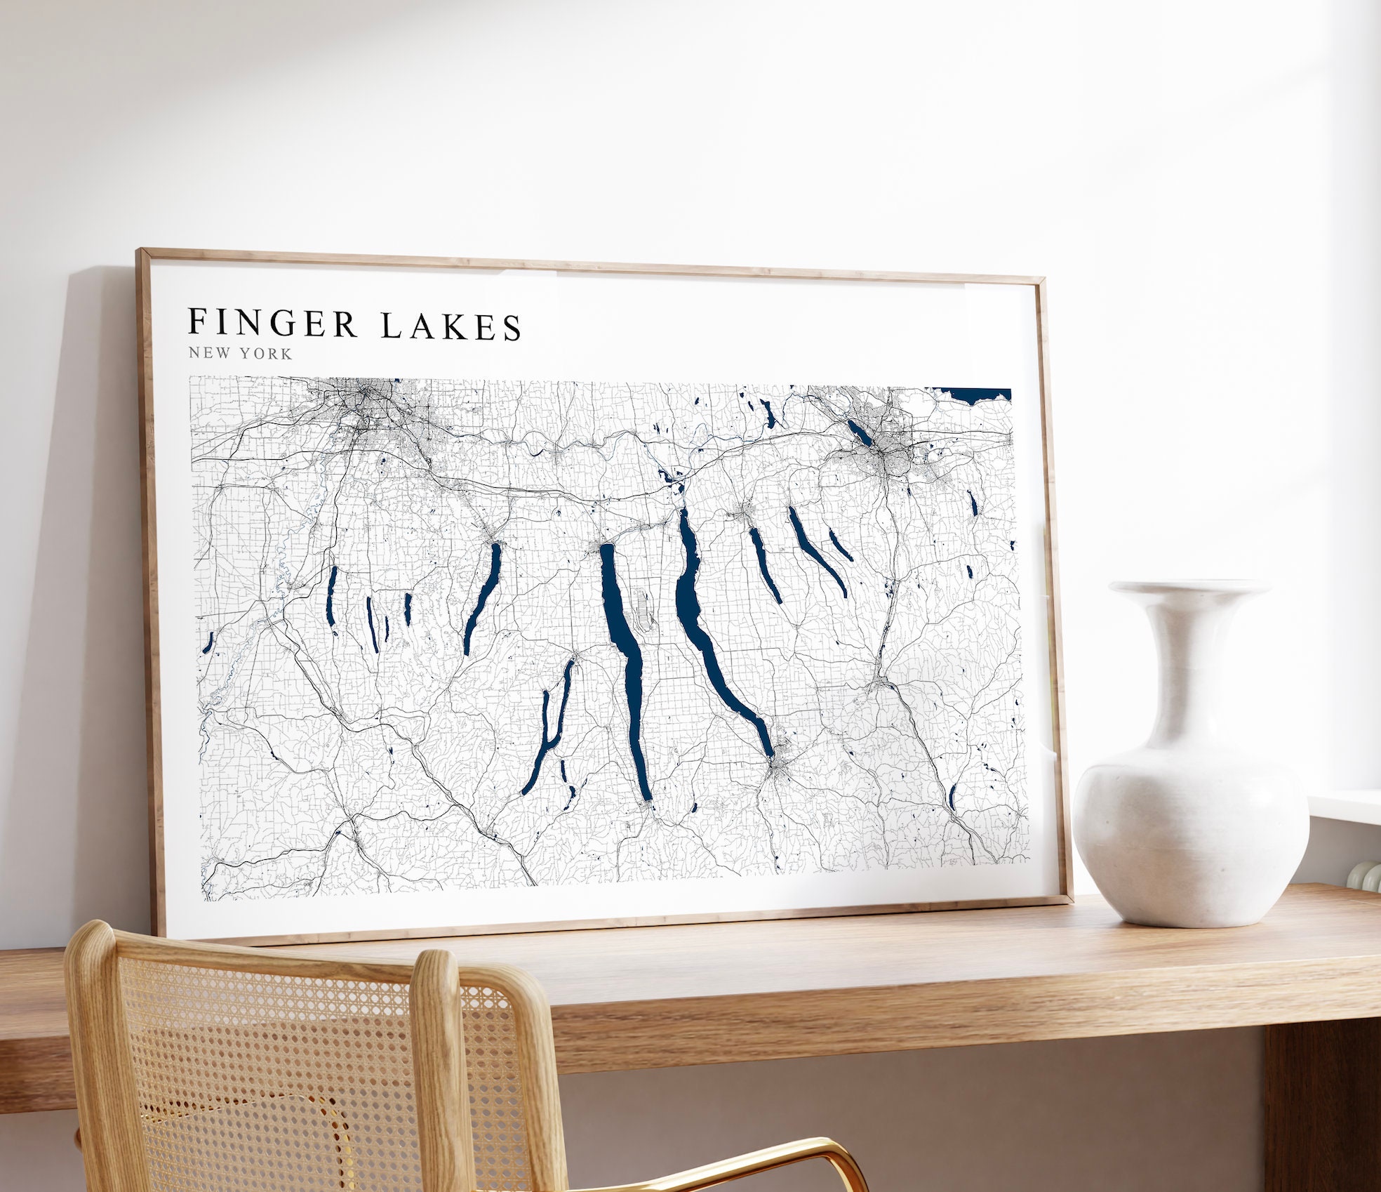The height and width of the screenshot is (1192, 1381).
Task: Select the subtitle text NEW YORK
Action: tap(240, 353)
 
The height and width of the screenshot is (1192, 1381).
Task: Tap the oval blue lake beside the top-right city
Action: tap(860, 432)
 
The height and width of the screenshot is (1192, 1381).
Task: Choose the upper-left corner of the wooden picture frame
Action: tap(141, 253)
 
